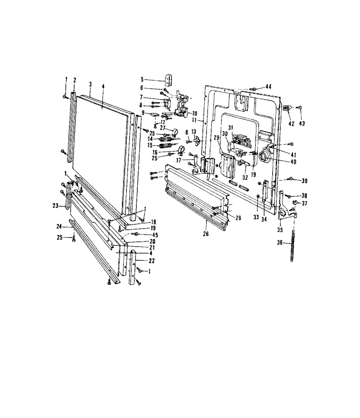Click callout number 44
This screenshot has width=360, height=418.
click(268, 86)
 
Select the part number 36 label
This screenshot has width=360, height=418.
click(279, 243)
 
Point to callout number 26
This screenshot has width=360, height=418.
click(206, 234)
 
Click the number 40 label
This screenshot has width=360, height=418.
click(293, 162)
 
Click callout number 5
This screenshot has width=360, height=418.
click(142, 79)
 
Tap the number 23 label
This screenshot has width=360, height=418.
click(55, 206)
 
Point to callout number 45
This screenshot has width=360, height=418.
click(155, 235)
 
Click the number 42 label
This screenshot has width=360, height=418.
click(292, 124)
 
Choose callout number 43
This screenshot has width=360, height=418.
click(301, 123)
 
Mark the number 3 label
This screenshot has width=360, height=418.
click(90, 84)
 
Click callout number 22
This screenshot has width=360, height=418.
click(152, 261)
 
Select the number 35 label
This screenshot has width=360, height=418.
click(280, 230)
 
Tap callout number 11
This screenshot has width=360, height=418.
click(194, 120)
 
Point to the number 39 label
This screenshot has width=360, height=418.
click(305, 181)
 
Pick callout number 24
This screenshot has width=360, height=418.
click(59, 226)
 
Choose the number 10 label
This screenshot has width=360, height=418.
click(194, 114)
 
